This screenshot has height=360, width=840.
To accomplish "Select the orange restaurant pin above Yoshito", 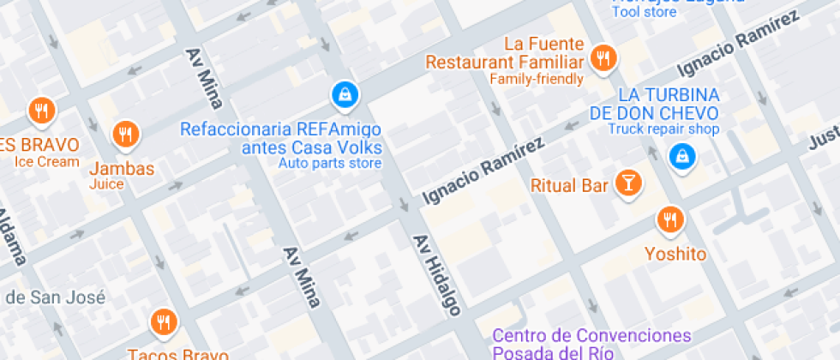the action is click(x=669, y=219).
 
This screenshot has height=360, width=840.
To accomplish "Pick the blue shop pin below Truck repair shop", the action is click(x=682, y=156).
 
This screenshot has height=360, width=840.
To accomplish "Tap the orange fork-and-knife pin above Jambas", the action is click(x=126, y=134).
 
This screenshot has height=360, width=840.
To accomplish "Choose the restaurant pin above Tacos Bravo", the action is click(x=162, y=321).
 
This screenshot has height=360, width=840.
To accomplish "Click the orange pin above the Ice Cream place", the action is click(x=40, y=110).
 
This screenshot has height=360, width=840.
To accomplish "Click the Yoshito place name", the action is click(x=675, y=254).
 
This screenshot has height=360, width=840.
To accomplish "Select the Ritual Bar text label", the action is click(x=569, y=184).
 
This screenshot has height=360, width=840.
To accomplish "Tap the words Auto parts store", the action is click(x=329, y=163).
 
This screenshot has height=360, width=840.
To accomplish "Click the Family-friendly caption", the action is click(x=537, y=79).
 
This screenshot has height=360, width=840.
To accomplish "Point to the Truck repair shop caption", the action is click(x=663, y=129).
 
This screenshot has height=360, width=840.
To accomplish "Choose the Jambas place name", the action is click(x=122, y=168).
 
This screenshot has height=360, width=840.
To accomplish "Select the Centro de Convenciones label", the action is click(x=592, y=335).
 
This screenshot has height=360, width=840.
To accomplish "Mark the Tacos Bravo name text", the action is click(x=178, y=353).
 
